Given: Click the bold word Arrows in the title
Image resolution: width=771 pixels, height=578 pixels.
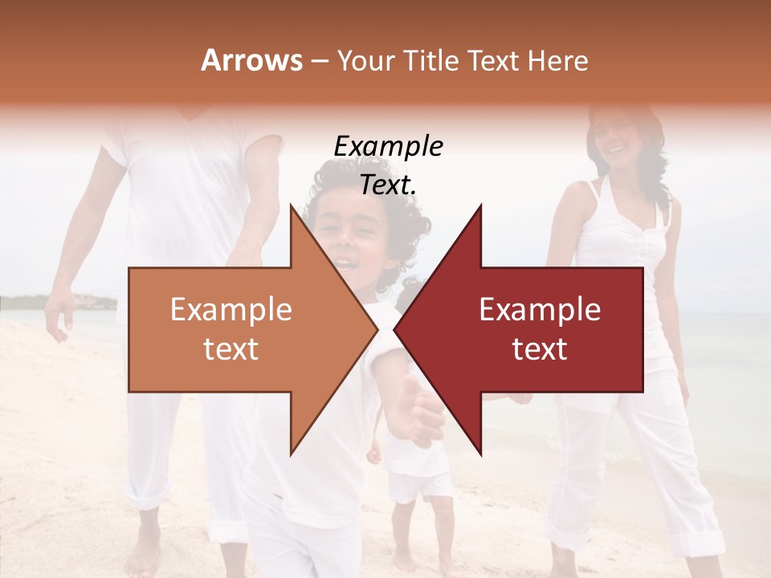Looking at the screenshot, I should coord(251,60).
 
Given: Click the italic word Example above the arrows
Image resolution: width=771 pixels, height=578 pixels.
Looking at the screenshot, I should coord(388,147).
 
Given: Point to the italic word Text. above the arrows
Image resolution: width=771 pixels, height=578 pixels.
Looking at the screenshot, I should coord(388,185).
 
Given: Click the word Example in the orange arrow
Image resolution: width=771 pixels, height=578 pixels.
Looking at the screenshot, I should coord(231,310).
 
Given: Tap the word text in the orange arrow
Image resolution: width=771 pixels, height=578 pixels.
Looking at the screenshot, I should coord(231,349).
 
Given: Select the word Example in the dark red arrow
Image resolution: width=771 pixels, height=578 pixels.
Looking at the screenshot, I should coord(540,310).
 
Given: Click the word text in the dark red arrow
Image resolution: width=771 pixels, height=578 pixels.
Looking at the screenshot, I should coord(540,349).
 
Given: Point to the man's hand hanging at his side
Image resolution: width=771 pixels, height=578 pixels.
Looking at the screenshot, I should coord(58,317).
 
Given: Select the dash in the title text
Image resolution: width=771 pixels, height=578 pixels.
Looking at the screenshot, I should coord(319,62).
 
